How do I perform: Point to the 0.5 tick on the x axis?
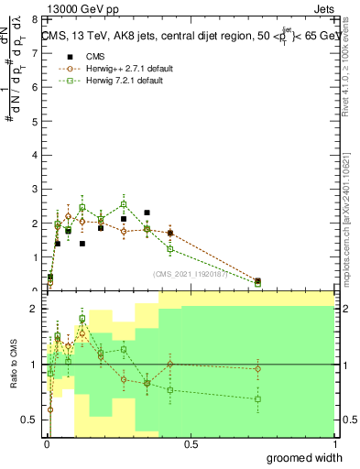(191, 444)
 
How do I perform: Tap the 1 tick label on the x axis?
(334, 444)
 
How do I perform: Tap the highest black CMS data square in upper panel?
(147, 213)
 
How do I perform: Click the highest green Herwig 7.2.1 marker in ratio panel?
(82, 319)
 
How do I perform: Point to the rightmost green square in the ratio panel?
(258, 399)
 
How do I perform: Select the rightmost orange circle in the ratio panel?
(258, 368)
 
